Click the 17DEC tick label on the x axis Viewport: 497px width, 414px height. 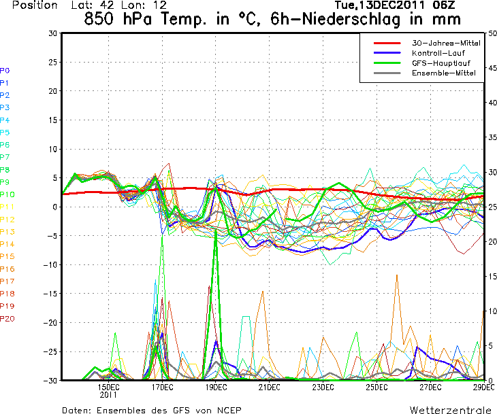click(162, 387)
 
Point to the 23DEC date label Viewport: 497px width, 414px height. click(323, 387)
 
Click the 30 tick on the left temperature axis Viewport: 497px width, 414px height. click(52, 33)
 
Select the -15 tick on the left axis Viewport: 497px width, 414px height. click(50, 294)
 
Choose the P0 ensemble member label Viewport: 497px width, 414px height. click(5, 71)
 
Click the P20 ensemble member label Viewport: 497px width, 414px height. click(7, 319)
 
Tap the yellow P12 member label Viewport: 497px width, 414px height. click(7, 220)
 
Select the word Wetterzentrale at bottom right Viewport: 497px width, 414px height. click(450, 410)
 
